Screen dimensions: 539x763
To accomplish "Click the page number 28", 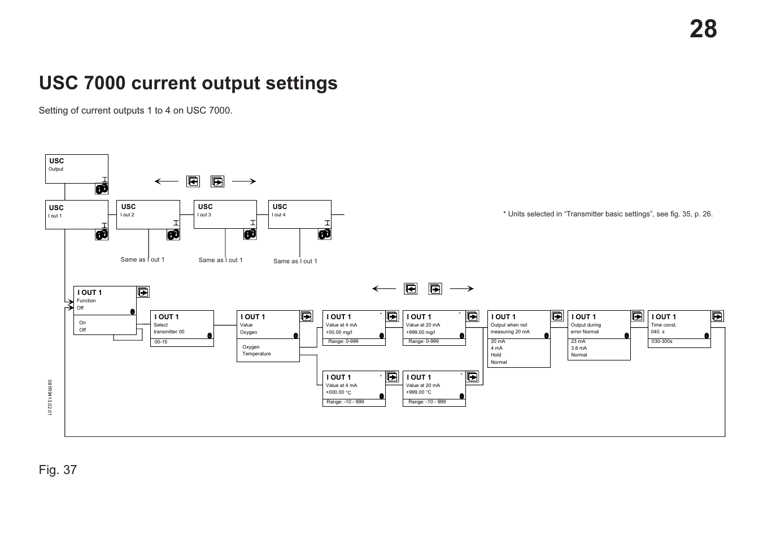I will [703, 29].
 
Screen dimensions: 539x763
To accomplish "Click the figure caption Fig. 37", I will [58, 470].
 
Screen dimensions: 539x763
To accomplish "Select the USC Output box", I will [76, 168].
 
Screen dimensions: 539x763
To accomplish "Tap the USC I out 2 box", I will [147, 214].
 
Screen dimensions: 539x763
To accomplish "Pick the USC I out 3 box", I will [225, 214].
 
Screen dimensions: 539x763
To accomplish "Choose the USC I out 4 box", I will [299, 214].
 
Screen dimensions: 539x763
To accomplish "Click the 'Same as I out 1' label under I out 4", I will [295, 261].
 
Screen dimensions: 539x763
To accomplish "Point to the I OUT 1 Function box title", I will [90, 293].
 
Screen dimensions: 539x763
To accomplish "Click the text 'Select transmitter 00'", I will [169, 328].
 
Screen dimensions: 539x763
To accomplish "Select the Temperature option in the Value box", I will [256, 354].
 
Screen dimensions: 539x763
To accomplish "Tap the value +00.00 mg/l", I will [339, 332].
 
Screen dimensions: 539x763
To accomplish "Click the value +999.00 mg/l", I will [420, 332].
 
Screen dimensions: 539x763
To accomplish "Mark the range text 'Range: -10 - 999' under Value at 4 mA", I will [346, 402].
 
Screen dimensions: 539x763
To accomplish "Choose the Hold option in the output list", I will [496, 355].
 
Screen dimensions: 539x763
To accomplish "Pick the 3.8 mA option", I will [579, 348].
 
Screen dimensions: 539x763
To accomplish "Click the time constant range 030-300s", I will [662, 341].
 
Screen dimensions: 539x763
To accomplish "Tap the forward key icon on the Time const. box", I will [717, 316].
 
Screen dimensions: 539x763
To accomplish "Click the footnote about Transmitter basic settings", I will [608, 214].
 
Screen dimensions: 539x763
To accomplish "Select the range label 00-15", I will [161, 342].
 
